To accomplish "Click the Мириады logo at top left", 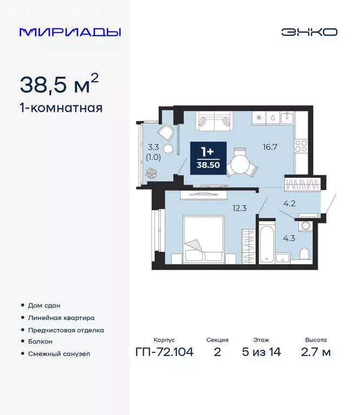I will [70, 31].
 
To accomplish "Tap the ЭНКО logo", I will [309, 31].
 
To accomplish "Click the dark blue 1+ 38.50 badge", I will [208, 157].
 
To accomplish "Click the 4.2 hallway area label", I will [289, 204].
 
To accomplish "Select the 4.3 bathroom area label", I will [289, 236].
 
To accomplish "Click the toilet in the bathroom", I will [304, 253].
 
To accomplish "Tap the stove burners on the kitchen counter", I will [301, 145].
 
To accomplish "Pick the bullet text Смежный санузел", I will [59, 354].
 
